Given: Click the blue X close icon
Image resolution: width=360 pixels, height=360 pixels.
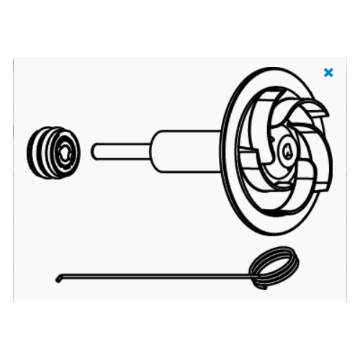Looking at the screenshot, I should click(x=328, y=73).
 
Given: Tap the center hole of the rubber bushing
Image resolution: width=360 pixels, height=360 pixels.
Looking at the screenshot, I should click(x=66, y=151).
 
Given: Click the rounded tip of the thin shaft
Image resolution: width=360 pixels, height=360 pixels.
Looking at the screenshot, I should click(x=94, y=151).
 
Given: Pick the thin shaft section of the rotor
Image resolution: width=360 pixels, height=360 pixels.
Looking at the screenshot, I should click(x=122, y=151).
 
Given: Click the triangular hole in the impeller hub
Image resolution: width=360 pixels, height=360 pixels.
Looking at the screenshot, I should click(x=287, y=150).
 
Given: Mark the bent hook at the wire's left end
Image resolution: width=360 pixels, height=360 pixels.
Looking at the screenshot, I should click(x=58, y=279).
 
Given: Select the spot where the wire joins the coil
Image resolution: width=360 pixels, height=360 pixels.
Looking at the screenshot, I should click(x=251, y=273).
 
